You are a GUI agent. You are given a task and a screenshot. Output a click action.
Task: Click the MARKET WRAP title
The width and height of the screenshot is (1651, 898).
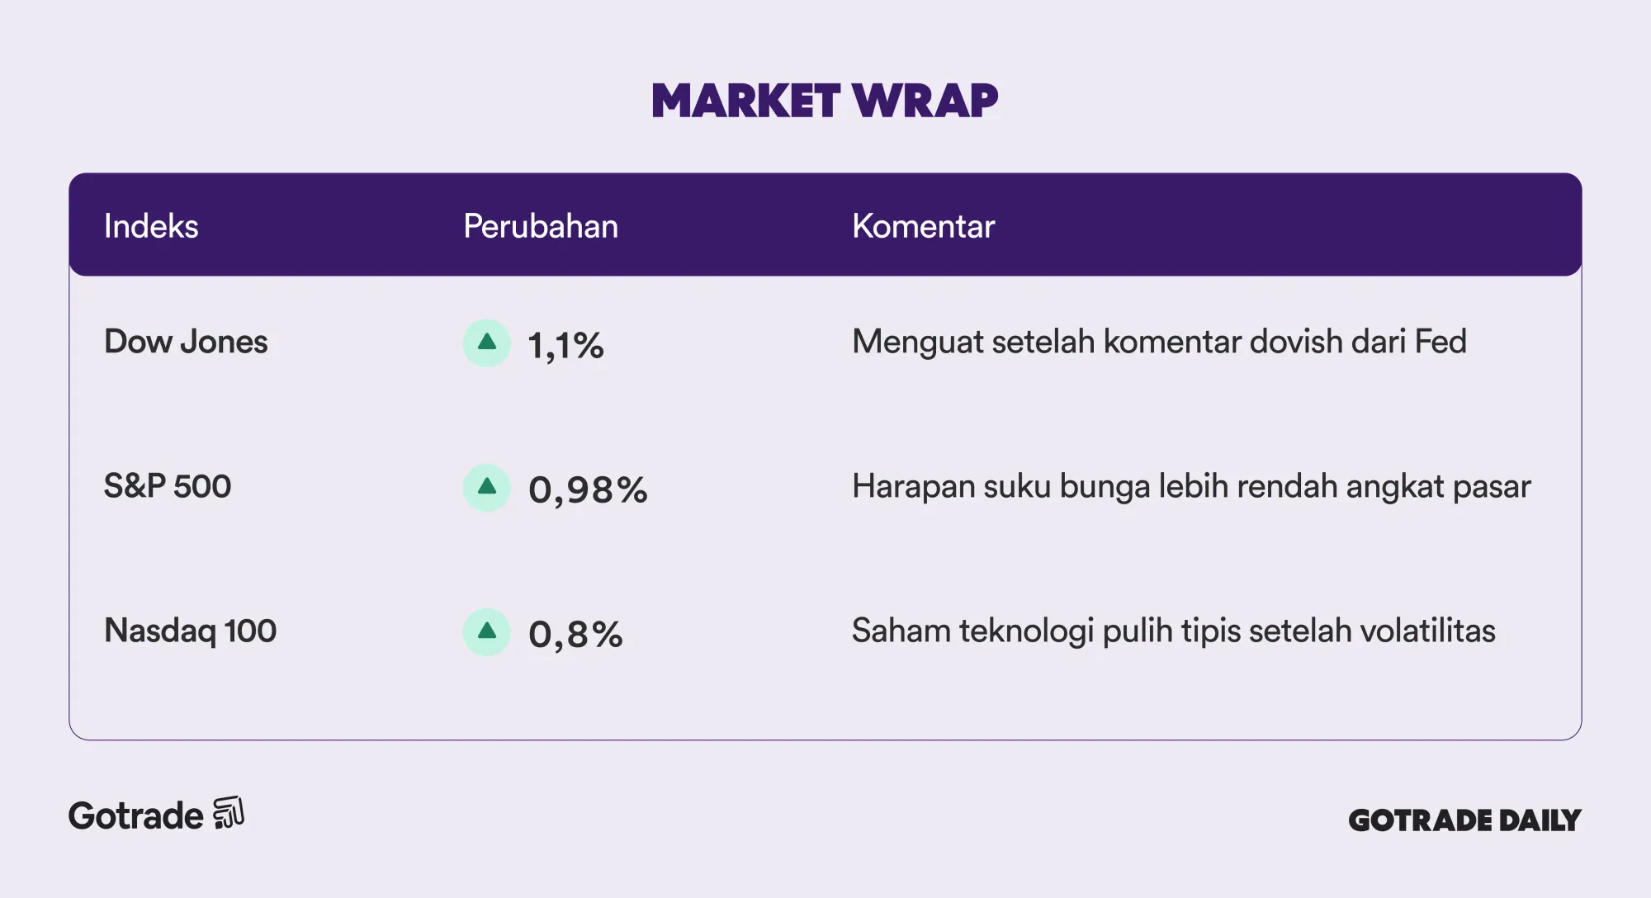[x=825, y=101]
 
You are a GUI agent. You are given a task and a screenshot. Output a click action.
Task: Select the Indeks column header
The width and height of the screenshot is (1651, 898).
[x=151, y=226]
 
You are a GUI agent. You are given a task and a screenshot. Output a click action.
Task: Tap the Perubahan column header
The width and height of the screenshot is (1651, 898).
[x=541, y=226]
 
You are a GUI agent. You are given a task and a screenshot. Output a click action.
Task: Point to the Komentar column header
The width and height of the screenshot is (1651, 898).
[x=923, y=226]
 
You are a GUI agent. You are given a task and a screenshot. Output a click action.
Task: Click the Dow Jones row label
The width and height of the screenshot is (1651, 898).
[x=186, y=342]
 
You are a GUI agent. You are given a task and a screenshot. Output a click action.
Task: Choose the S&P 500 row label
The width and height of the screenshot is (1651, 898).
[x=168, y=486]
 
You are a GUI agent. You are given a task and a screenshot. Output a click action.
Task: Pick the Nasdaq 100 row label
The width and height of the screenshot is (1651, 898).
[x=190, y=631]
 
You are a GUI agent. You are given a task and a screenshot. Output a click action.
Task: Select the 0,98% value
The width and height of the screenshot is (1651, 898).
[x=588, y=490]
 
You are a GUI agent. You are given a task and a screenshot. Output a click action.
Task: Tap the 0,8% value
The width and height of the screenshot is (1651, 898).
[x=575, y=635]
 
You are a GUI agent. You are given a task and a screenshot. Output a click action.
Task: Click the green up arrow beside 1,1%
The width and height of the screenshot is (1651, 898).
[x=487, y=343]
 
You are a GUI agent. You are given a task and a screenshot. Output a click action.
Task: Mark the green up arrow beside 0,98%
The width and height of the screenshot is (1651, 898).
[x=487, y=487]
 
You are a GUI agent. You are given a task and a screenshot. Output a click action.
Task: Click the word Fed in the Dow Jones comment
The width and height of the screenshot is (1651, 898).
[x=1440, y=342]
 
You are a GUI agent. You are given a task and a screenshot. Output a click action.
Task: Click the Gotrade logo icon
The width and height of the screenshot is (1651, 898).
[x=229, y=813]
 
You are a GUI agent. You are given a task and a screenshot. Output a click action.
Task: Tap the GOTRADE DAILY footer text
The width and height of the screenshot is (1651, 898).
[x=1464, y=820]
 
